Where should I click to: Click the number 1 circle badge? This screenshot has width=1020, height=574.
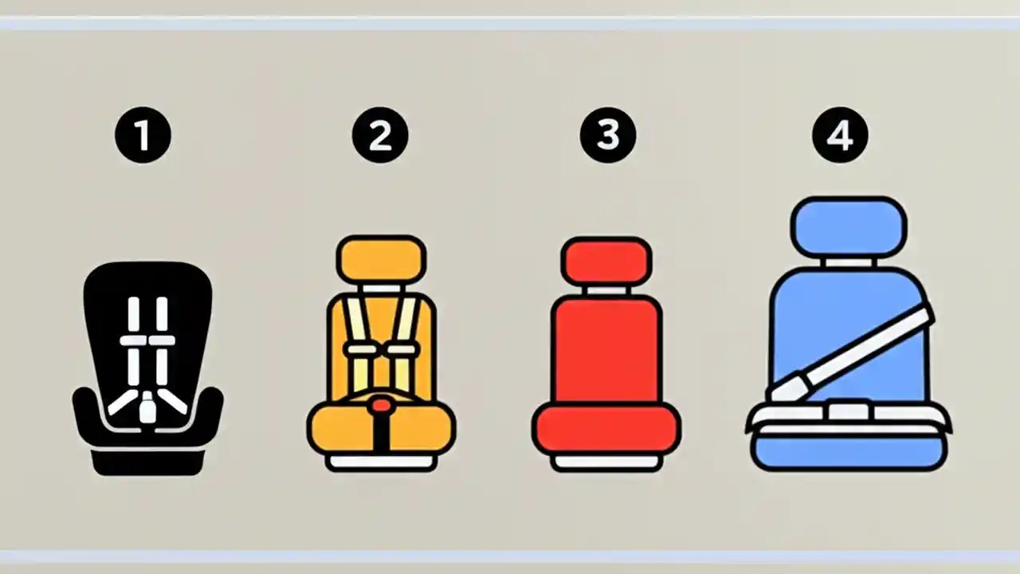click(x=143, y=136)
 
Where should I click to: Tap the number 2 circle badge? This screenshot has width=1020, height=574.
click(x=380, y=136)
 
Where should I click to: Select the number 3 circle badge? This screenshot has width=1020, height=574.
click(x=607, y=136)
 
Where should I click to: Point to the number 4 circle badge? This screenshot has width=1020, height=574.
click(x=840, y=136)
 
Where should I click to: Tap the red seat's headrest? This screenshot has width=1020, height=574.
click(x=606, y=260)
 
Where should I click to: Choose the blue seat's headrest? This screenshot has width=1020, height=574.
click(x=849, y=226)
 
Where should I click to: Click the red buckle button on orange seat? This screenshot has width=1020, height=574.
click(x=382, y=406)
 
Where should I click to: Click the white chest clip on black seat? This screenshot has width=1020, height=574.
click(x=147, y=341)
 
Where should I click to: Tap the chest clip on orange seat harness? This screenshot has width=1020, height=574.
click(x=382, y=349)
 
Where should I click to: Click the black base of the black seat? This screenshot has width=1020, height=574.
click(x=147, y=462)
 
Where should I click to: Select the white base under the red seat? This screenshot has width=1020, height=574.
click(x=606, y=462)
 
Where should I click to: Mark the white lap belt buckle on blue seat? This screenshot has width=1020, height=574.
click(x=849, y=411)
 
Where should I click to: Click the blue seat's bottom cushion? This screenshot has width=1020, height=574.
click(x=849, y=450)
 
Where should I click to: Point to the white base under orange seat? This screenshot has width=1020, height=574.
click(x=382, y=462)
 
